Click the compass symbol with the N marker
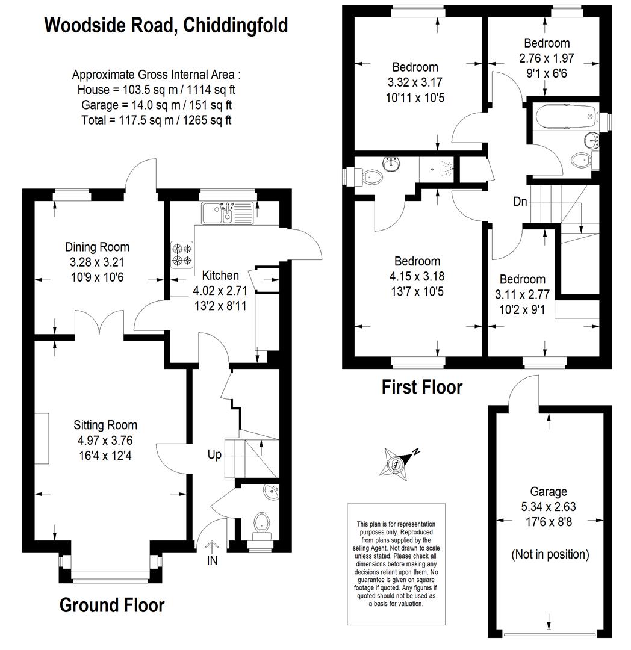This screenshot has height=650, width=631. click(397, 463)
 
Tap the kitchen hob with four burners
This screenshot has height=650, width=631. click(182, 255)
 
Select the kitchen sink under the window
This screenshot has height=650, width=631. click(227, 212)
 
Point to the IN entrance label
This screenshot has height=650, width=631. click(212, 560)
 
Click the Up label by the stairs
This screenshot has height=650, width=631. click(214, 455)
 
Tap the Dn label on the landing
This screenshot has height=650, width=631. click(520, 202)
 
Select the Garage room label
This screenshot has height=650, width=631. click(549, 492)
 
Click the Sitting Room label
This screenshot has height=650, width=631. click(105, 425)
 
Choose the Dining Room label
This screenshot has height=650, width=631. click(98, 247)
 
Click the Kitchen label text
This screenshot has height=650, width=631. click(220, 275)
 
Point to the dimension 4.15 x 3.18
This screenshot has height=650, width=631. click(417, 276)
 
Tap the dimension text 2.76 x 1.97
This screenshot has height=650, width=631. click(547, 58)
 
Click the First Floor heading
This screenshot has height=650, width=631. click(422, 387)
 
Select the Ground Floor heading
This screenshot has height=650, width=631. click(113, 605)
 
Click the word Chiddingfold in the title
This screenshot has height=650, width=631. click(235, 25)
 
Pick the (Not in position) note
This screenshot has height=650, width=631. click(550, 555)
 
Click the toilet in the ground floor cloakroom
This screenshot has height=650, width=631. click(261, 523)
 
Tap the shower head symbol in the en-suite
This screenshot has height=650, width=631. click(446, 169)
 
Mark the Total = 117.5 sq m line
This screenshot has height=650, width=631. click(157, 120)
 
